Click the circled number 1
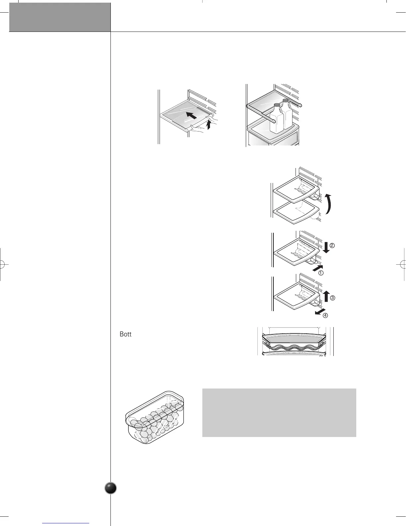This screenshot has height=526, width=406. pos(321,273)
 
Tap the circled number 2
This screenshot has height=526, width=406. pos(332,246)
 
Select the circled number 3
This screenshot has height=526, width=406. pos(332,298)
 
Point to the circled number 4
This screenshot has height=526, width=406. pos(325,315)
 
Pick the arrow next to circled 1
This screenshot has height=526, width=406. pos(317,267)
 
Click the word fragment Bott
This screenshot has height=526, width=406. pos(125,334)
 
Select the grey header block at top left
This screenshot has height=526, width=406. pos(60,17)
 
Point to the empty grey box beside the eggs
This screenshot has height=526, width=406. pos(279,412)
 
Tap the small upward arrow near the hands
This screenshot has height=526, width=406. pos(208,125)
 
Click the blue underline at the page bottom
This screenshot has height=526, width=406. pos(66,523)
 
